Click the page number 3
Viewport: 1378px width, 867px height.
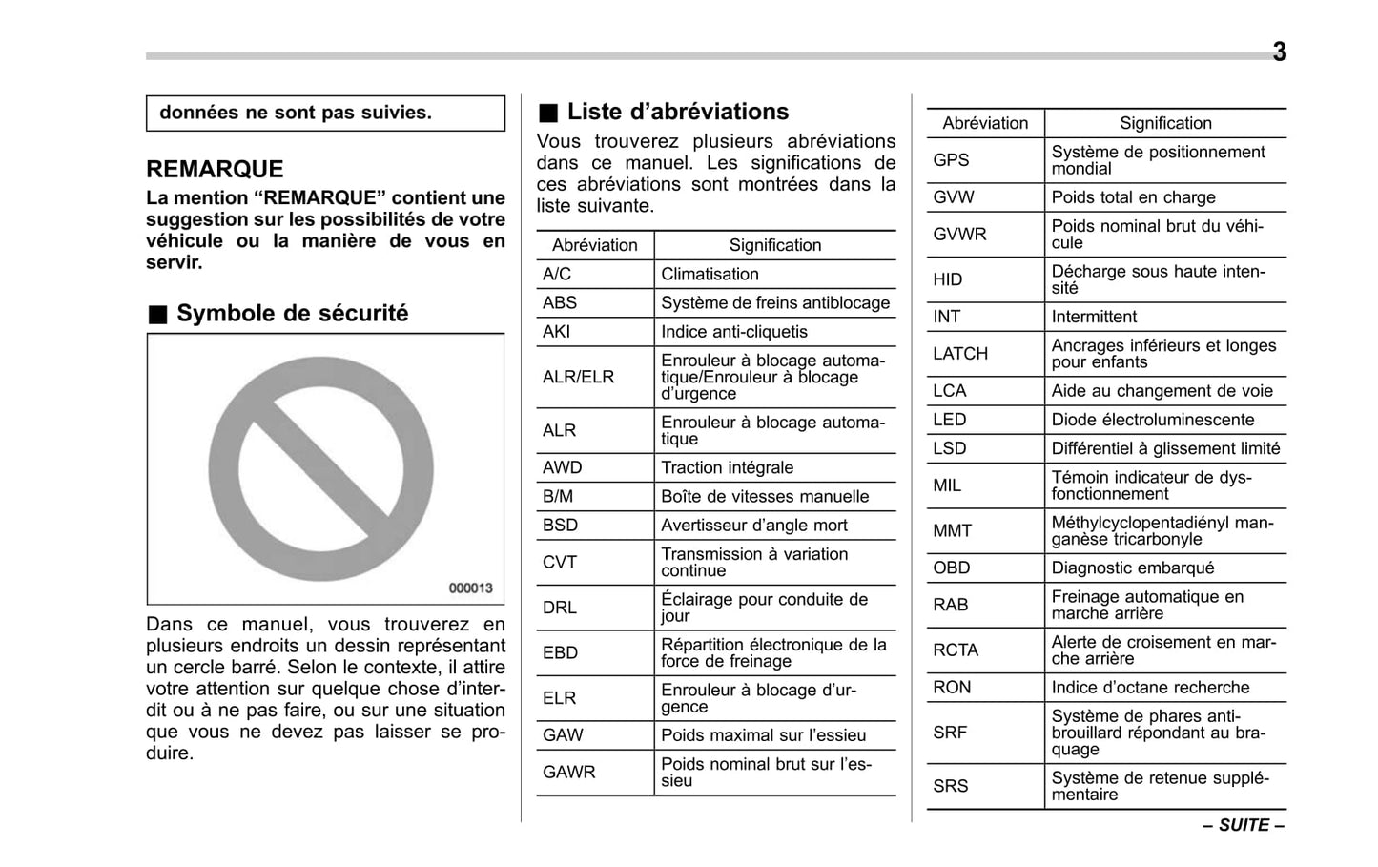(1279, 52)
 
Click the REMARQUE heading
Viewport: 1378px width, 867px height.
(215, 169)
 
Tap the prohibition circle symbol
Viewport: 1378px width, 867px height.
(321, 468)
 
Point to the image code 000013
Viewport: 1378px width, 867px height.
(470, 588)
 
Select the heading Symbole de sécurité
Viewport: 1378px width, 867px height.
(292, 313)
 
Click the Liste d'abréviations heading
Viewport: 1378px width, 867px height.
(677, 112)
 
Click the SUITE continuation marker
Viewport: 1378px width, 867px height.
(1244, 825)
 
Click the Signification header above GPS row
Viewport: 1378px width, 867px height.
(1165, 123)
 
